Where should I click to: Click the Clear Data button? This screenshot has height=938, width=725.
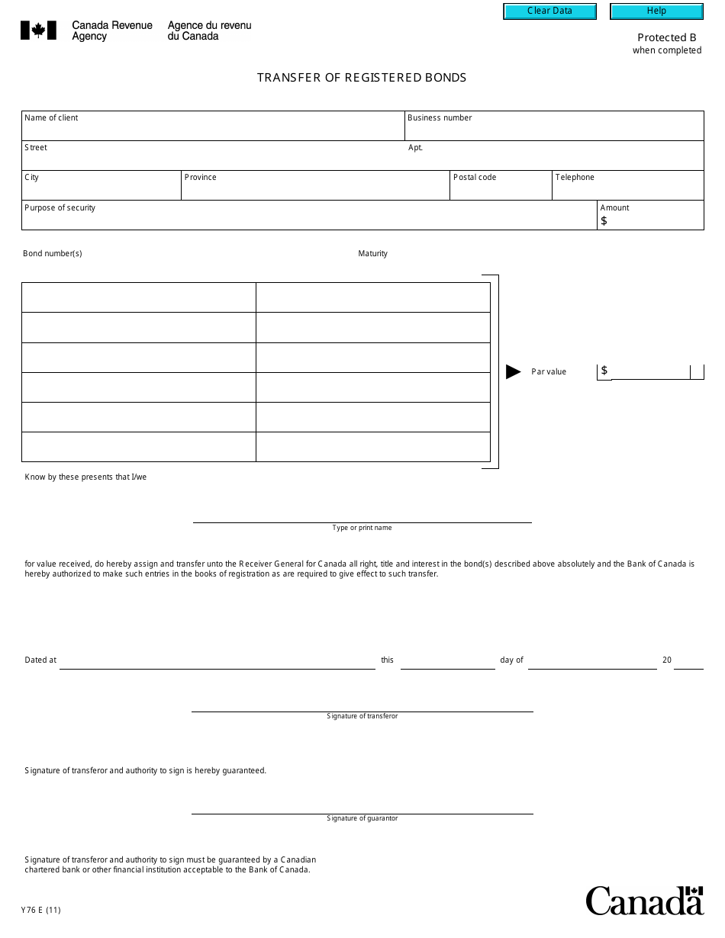(549, 11)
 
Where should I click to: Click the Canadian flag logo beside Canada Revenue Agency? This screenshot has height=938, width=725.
(38, 31)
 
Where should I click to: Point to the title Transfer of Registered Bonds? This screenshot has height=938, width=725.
(362, 78)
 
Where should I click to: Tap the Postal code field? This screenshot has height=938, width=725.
(501, 189)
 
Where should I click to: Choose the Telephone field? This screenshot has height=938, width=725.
(627, 189)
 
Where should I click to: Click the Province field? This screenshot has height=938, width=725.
(314, 189)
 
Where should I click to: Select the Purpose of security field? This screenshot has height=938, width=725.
(309, 218)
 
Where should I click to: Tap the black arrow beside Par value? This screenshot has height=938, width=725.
(514, 372)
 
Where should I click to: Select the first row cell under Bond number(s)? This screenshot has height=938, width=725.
(138, 297)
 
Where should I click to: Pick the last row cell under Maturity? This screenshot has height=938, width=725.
(372, 447)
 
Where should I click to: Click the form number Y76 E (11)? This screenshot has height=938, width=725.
(41, 910)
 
